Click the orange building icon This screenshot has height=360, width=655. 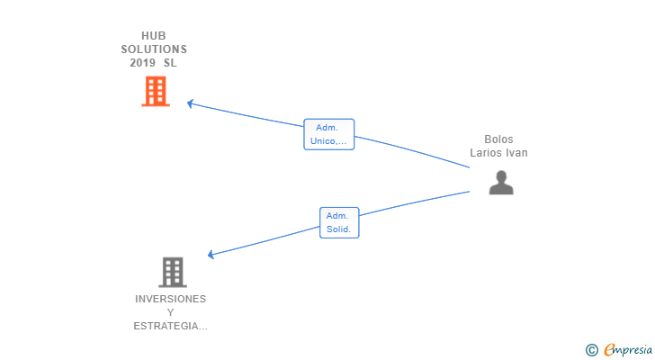tap(156, 91)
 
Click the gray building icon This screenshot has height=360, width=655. tap(172, 272)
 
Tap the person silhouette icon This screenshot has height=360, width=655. tap(501, 183)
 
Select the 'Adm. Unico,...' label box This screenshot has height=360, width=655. tap(329, 134)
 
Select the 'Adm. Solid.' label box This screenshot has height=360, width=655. tap(339, 222)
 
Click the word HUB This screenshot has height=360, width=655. tap(154, 36)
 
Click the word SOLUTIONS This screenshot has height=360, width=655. tap(154, 49)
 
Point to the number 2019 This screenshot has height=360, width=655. tap(142, 63)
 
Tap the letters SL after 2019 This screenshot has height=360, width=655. tap(171, 63)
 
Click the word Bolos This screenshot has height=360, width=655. tap(498, 139)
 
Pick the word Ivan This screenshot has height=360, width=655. tap(516, 153)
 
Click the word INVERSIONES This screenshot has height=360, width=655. tap(171, 299)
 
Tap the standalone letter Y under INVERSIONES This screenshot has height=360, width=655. tap(171, 312)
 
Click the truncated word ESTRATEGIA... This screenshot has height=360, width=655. tap(169, 326)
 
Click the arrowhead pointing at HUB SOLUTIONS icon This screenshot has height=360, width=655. tap(190, 103)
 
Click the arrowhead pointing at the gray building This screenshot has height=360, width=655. tap(211, 255)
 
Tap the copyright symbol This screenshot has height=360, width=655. tap(591, 350)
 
